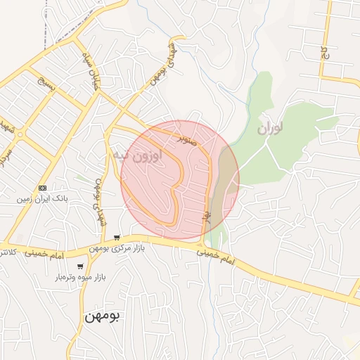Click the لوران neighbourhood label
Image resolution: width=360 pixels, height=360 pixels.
pos(270,128)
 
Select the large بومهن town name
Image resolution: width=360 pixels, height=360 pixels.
pos(102,316)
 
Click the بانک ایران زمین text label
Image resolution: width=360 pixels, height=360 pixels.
pos(43,200)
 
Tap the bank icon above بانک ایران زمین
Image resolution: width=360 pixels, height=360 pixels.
pos(43,188)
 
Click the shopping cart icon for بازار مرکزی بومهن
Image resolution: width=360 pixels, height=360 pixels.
pos(116,238)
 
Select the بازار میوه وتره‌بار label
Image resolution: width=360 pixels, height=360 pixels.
pos(80,278)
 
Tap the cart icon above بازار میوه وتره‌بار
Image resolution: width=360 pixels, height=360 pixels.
pos(80,266)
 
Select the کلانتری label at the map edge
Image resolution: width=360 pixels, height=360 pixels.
pos(8,251)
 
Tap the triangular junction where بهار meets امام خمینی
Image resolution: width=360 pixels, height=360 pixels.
pos(202,246)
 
